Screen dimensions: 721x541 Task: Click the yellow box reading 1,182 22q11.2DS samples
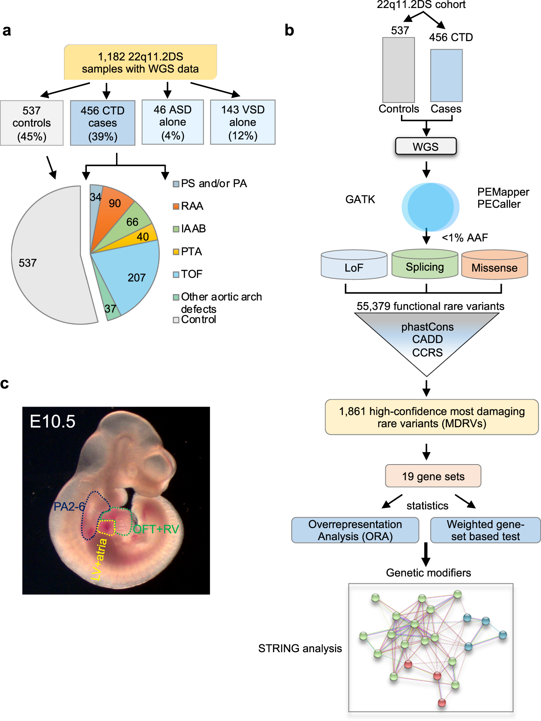click(140, 62)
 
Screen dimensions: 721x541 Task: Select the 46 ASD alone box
click(172, 122)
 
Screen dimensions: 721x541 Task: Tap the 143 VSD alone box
click(242, 122)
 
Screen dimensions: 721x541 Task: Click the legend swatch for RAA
click(176, 206)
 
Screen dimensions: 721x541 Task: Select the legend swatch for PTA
click(176, 252)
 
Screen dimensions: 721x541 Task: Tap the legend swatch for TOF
click(176, 274)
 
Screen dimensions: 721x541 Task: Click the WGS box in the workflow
click(426, 146)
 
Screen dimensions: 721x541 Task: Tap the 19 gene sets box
click(433, 476)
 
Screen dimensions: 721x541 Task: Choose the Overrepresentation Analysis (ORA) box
click(355, 530)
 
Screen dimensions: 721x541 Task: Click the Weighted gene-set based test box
click(485, 530)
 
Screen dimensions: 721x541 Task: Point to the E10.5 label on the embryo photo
click(52, 422)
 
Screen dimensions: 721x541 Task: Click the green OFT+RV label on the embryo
click(156, 529)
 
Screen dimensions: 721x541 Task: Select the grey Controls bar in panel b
click(398, 70)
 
